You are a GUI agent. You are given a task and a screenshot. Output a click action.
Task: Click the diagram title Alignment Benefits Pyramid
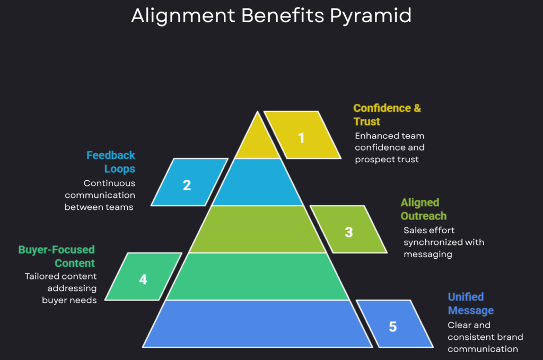[271, 16]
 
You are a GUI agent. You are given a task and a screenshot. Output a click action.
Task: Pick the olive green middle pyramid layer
[258, 229]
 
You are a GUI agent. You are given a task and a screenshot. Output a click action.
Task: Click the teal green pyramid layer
[258, 276]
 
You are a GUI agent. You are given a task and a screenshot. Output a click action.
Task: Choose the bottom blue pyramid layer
[258, 323]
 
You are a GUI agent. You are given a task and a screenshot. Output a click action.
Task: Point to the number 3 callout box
[348, 230]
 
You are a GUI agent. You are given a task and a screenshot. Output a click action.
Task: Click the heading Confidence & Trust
[387, 115]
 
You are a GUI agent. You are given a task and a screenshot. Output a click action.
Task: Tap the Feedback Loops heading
[111, 162]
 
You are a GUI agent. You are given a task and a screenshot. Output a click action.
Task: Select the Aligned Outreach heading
[423, 209]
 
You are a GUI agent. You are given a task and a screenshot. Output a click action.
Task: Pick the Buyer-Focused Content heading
[57, 256]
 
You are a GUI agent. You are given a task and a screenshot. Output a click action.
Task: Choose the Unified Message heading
[470, 303]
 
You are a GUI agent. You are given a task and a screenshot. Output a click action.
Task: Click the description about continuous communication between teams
[100, 195]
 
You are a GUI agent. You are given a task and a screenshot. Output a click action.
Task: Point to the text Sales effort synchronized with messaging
[443, 242]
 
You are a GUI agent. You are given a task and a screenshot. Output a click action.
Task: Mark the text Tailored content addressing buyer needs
[61, 288]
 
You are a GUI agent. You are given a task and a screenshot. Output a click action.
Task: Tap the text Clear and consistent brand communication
[485, 337]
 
